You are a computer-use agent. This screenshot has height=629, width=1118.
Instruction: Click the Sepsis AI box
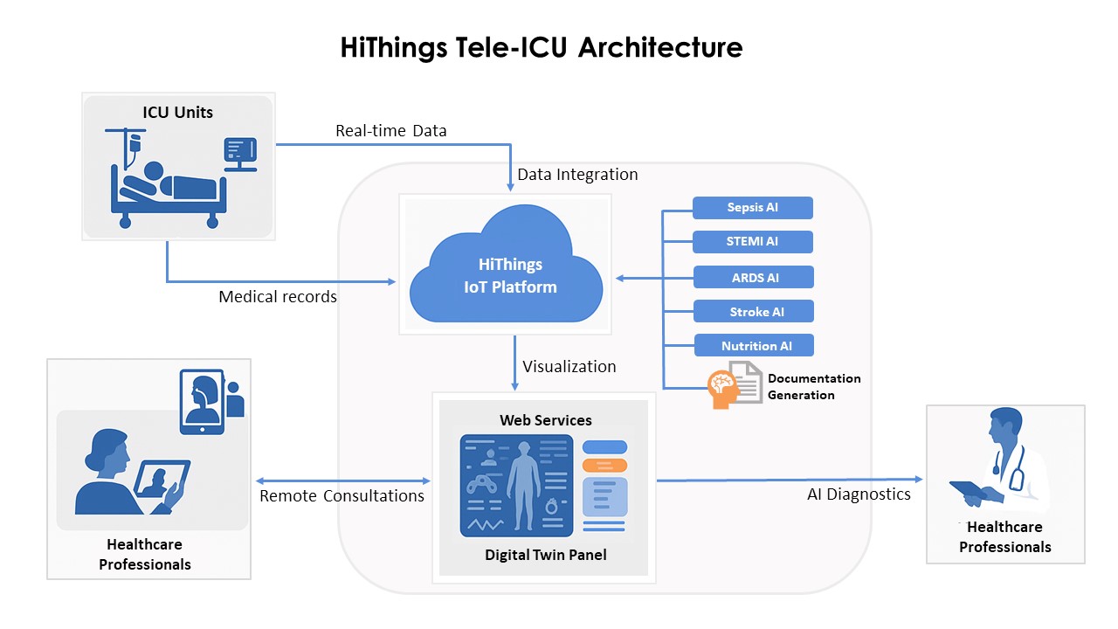point(753,208)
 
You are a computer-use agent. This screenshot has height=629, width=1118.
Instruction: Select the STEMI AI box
point(753,242)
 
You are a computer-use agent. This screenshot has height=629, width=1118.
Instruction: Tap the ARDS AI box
point(754,278)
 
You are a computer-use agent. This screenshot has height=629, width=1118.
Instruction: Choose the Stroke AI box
point(754,312)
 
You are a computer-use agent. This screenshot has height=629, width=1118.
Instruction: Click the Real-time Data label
point(390,131)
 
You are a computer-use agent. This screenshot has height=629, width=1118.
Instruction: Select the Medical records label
point(278,297)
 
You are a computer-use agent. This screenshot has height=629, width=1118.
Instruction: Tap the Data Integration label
point(577,175)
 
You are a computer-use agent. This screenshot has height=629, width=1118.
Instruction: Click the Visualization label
point(569,367)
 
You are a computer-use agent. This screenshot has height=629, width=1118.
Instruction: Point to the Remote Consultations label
point(342,496)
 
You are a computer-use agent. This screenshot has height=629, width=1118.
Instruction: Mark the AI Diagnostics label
point(859,494)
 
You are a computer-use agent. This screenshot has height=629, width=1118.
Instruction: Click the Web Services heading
point(545,420)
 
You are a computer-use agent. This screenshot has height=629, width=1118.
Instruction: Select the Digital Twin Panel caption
point(545,555)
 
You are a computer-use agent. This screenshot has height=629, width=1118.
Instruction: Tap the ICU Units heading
point(178,112)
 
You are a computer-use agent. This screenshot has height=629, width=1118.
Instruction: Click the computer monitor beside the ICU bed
point(240,153)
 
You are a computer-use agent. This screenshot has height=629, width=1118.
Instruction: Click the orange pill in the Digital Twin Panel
point(604,465)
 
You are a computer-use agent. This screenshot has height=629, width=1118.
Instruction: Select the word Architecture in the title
point(660,47)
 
